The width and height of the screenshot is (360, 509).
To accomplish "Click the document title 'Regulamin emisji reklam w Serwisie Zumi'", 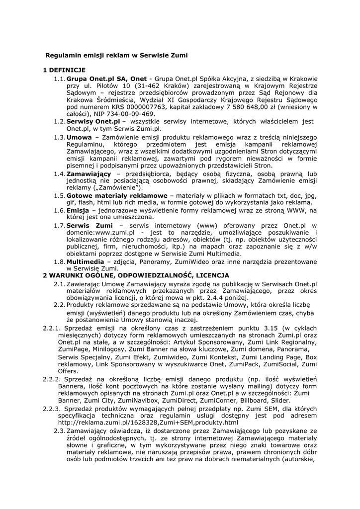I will [x=117, y=55].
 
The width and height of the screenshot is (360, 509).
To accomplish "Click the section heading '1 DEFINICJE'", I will [x=65, y=70].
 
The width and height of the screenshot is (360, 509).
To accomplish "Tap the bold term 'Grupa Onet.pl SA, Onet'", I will [x=106, y=79].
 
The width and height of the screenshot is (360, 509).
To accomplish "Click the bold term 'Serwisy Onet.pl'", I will [x=93, y=121].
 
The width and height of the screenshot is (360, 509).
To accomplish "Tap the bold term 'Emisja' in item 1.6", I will [x=78, y=211].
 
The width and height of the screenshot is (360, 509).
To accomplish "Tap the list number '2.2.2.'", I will [x=52, y=379].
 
